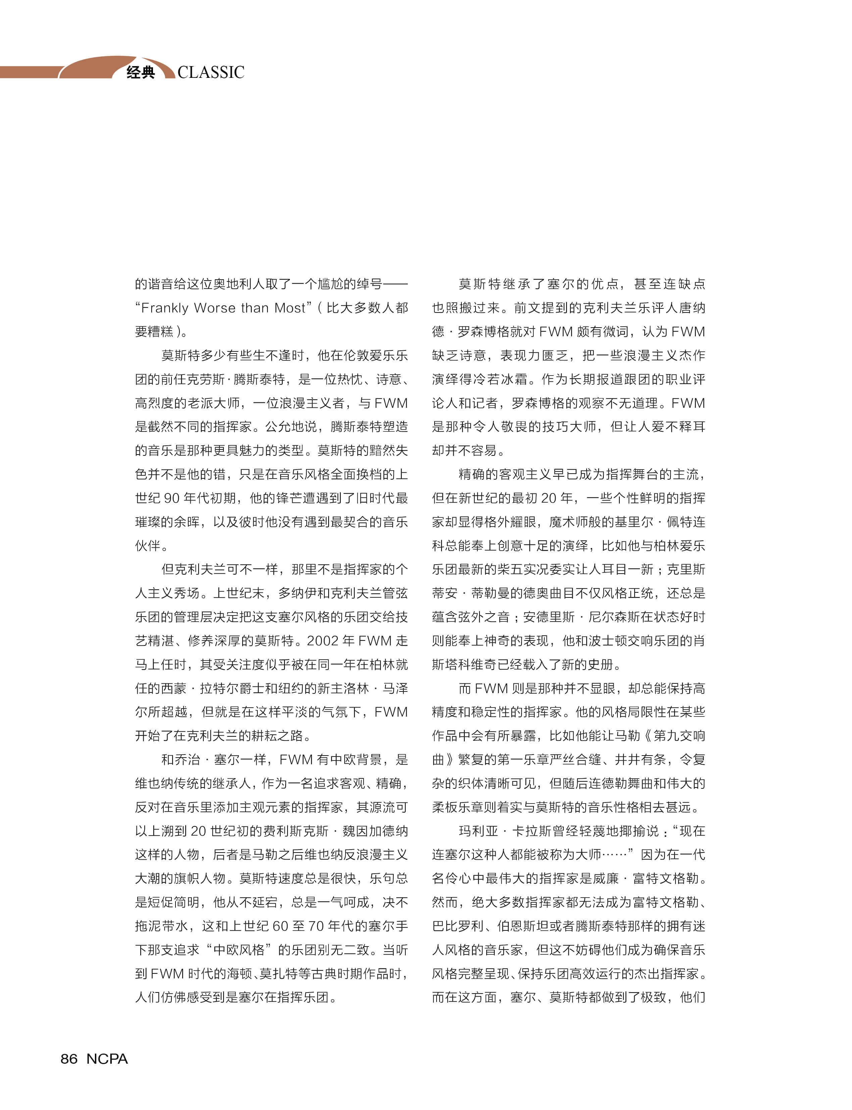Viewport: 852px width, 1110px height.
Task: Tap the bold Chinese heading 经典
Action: (x=141, y=72)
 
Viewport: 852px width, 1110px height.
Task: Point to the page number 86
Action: (x=69, y=1059)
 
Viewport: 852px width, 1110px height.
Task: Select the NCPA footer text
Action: (x=107, y=1059)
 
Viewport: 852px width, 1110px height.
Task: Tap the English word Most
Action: (x=290, y=308)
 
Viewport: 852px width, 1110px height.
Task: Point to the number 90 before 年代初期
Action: (x=172, y=498)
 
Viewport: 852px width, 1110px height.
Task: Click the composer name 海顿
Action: (x=239, y=973)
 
